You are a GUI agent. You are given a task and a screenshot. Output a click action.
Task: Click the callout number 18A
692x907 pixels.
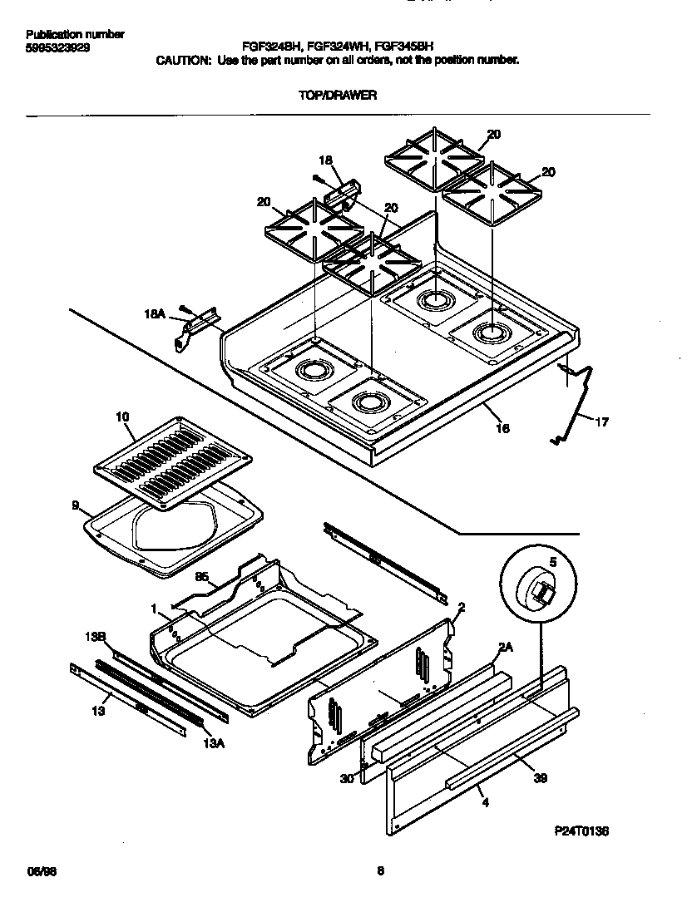155,314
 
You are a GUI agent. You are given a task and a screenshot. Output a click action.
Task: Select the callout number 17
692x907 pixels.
601,422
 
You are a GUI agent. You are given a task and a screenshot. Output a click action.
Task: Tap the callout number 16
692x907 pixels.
502,428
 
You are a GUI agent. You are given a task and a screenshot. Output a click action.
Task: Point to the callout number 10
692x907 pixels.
121,416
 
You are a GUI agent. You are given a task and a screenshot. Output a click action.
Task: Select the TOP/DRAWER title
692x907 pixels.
338,96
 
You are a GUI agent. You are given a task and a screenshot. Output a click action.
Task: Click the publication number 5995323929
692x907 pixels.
58,48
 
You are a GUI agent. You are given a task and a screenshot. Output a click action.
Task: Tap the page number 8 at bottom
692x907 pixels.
381,871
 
